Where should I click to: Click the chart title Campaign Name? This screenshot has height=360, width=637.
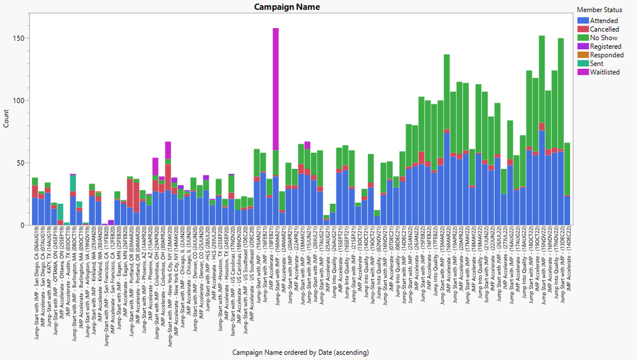click(x=286, y=7)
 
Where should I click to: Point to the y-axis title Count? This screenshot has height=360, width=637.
click(x=6, y=119)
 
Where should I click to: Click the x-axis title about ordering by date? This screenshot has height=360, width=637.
click(x=300, y=352)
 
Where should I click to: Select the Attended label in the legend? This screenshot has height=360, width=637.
click(x=603, y=21)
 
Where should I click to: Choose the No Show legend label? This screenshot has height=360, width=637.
click(x=603, y=38)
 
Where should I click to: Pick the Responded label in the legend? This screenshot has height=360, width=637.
click(x=606, y=55)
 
